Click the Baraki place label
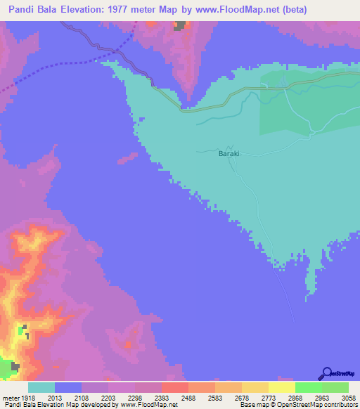tap(229, 153)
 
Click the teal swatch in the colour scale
tap(41, 387)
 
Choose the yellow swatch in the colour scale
tap(281, 387)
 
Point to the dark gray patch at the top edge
tap(181, 26)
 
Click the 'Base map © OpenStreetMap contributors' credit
tap(297, 405)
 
